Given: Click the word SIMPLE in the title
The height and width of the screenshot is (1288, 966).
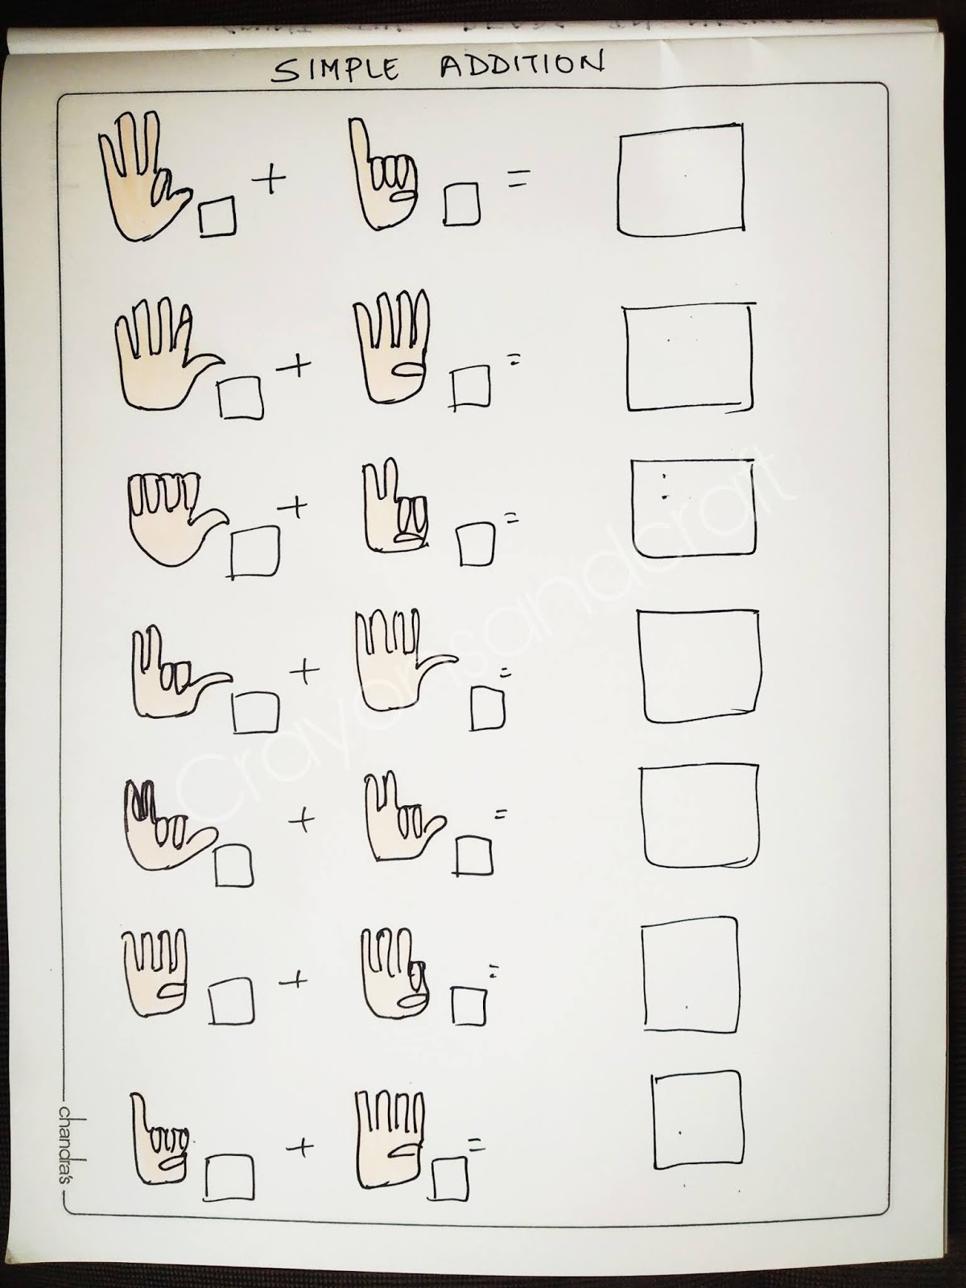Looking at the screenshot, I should (x=335, y=70).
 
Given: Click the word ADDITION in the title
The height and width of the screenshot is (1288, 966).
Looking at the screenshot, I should (x=522, y=65).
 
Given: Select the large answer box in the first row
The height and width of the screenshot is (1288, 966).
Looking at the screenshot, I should (x=680, y=179).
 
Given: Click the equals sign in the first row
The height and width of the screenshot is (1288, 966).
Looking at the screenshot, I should (x=516, y=182).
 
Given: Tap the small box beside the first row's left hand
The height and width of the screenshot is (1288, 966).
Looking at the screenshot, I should (x=218, y=217).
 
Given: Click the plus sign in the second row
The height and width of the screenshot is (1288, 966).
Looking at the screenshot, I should (x=294, y=368).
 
